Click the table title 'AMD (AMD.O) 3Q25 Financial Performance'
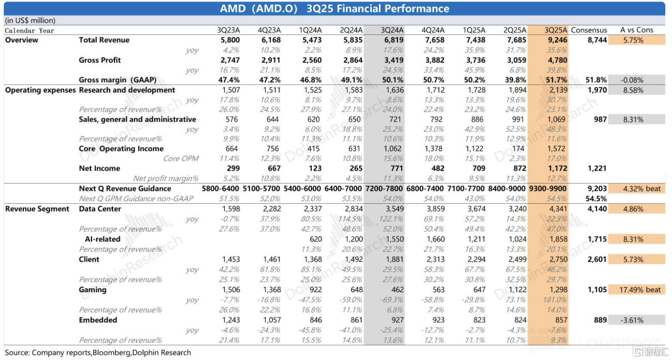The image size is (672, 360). [334, 8]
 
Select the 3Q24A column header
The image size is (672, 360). [392, 30]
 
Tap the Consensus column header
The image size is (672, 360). [589, 30]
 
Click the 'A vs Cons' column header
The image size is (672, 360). [636, 30]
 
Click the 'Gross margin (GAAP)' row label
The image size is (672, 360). [117, 80]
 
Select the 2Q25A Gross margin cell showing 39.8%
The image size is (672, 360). [516, 80]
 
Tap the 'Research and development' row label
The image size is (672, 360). [127, 90]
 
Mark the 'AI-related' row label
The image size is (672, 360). [102, 239]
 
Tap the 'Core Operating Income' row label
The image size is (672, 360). [121, 149]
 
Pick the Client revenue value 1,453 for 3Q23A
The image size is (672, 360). [230, 259]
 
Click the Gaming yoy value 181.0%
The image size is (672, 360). [555, 300]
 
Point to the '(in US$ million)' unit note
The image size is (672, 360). [30, 21]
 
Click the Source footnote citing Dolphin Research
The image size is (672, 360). [98, 353]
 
